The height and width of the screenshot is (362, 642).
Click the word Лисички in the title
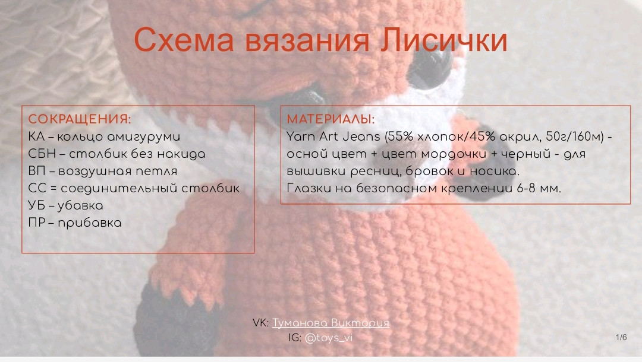pos(444,40)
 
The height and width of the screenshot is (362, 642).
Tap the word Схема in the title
pos(184,40)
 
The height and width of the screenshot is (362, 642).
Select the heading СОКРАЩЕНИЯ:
pos(80,119)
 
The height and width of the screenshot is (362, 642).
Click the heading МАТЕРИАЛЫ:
pos(331,119)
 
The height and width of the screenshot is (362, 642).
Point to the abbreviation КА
pos(36,136)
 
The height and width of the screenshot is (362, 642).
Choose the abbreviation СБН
pos(42,154)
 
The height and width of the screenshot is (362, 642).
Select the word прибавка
pos(90,223)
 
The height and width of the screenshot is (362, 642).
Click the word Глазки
pos(309,188)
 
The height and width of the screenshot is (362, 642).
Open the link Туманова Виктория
pos(331,323)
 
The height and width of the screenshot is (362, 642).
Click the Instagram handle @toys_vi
pos(329,338)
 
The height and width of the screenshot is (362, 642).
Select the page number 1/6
pos(621,337)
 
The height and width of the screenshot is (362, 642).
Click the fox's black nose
pos(483,163)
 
